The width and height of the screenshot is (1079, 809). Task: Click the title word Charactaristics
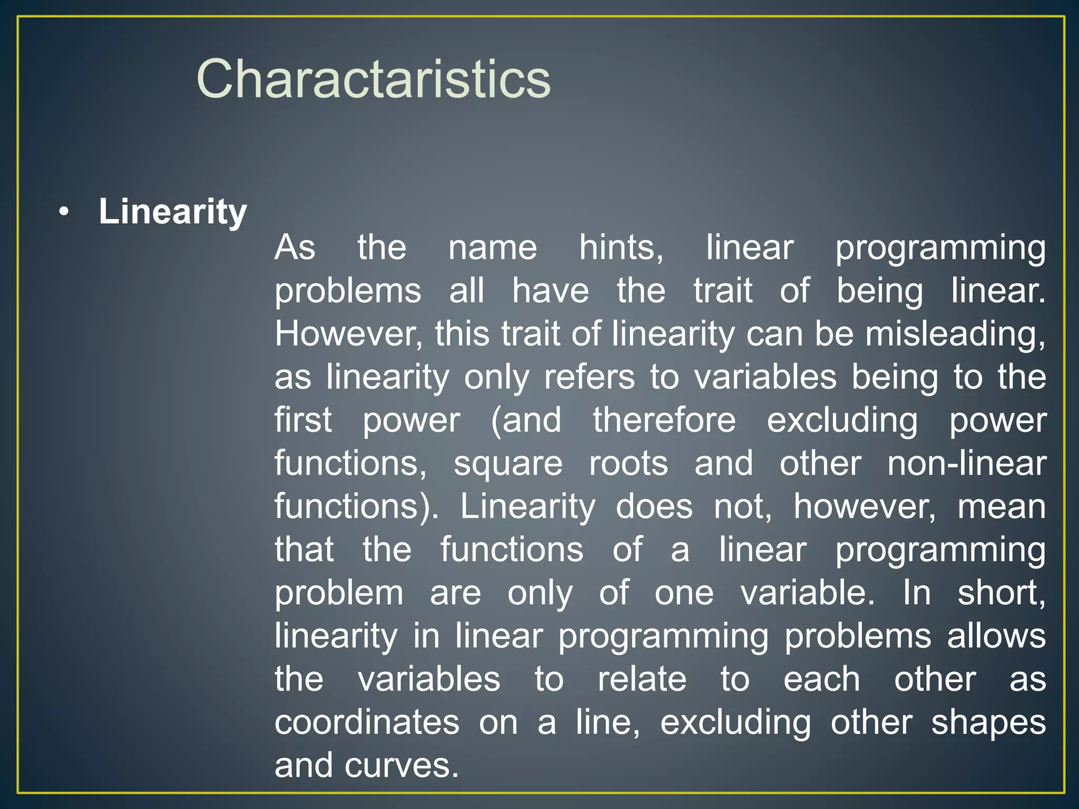pos(373,79)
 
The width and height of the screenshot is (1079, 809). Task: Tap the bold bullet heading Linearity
pos(172,212)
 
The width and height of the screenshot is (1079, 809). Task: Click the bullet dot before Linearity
pos(64,212)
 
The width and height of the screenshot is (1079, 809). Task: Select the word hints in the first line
pos(621,248)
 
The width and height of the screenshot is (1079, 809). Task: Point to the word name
pos(492,248)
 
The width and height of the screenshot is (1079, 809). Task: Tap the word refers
pos(589,377)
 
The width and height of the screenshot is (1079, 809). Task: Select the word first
pos(303,420)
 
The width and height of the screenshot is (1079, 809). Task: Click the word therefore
pos(664,420)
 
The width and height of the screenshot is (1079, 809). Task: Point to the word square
pos(508,465)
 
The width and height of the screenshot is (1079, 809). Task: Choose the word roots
pos(628,463)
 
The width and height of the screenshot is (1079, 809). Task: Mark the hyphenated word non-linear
pos(966,463)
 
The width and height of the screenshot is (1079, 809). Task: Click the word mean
pos(1001,507)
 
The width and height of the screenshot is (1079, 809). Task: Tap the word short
pos(1001,593)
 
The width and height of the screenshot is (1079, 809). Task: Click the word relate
pos(642,679)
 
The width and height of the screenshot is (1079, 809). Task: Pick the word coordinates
pos(367,723)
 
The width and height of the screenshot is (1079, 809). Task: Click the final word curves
pos(401,766)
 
